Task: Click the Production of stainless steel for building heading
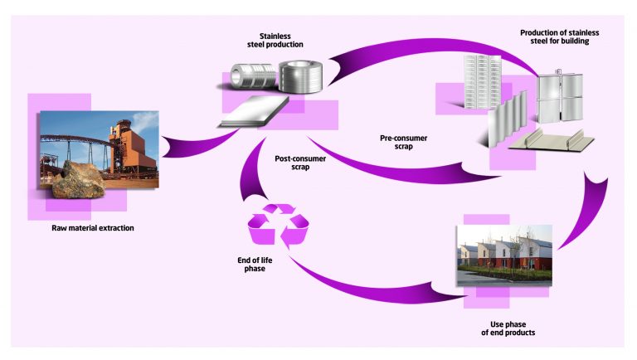(559, 37)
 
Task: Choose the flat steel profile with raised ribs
(550, 141)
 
